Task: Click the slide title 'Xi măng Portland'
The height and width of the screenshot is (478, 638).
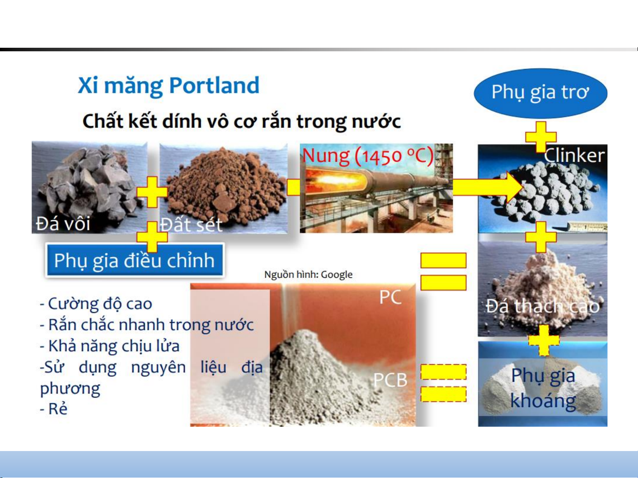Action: coord(169,86)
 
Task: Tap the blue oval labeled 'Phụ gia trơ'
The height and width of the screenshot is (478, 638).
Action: coord(540,93)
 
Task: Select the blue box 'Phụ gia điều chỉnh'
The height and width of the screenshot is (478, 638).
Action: coord(135,260)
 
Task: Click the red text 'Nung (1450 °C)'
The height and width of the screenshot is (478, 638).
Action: coord(368,156)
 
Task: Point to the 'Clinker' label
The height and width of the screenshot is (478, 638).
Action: coord(574,156)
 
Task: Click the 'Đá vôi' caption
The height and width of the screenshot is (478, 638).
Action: coord(63,224)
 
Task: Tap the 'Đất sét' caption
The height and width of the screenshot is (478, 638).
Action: coord(192,225)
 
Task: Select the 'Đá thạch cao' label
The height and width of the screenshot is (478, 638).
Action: coord(543,306)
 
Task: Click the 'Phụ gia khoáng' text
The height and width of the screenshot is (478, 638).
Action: coord(543,388)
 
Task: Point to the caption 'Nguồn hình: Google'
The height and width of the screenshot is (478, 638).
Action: coord(308,274)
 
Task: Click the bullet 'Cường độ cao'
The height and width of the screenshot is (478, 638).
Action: coord(96,304)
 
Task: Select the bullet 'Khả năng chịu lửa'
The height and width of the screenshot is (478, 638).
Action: coord(109,346)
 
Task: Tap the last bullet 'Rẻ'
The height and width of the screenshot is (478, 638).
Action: coord(54,409)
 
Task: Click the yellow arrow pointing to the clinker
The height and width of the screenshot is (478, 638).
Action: coord(488,187)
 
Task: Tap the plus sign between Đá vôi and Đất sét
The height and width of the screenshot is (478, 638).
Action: coord(152,192)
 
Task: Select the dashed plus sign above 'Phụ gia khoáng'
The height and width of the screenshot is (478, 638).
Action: coord(544,340)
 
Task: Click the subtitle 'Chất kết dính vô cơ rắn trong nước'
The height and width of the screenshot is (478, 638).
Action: coord(242,121)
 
